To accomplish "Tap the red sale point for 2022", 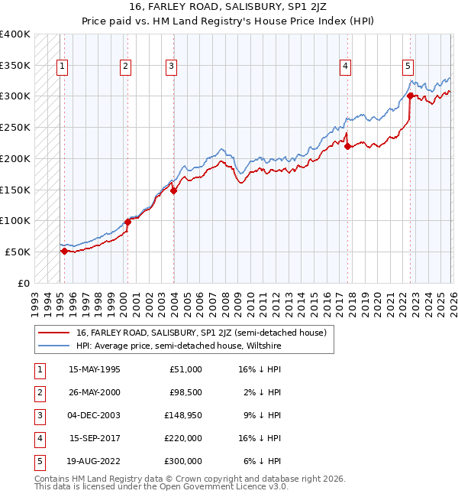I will (410, 96).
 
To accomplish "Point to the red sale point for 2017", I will (347, 146).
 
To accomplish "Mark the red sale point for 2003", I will (173, 190).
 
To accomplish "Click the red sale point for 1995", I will (64, 251).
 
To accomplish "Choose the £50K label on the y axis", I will (18, 252).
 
